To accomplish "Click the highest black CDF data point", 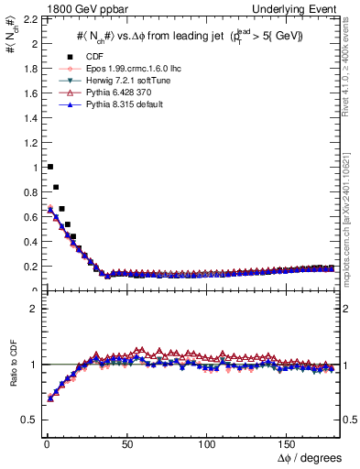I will [x=49, y=167].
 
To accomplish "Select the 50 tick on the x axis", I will [x=126, y=442].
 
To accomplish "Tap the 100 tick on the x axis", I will [x=207, y=442].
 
